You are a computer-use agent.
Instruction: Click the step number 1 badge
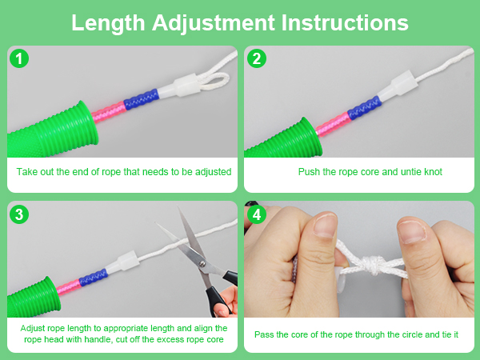19,58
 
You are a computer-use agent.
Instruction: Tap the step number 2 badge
257,58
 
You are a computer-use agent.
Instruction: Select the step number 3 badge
19,214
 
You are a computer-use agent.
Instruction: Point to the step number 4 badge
257,214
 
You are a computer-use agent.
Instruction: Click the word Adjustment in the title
214,23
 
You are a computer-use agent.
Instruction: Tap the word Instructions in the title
345,22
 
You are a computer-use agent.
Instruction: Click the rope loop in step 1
214,82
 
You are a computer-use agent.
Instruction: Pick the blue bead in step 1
141,99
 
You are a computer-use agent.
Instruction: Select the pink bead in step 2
333,125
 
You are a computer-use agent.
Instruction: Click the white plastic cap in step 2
396,85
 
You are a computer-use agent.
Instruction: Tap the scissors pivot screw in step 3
202,263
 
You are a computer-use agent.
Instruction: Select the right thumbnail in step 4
412,230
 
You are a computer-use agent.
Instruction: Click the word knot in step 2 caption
433,172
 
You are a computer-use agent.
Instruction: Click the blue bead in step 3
93,277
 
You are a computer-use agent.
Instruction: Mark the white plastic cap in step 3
122,262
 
